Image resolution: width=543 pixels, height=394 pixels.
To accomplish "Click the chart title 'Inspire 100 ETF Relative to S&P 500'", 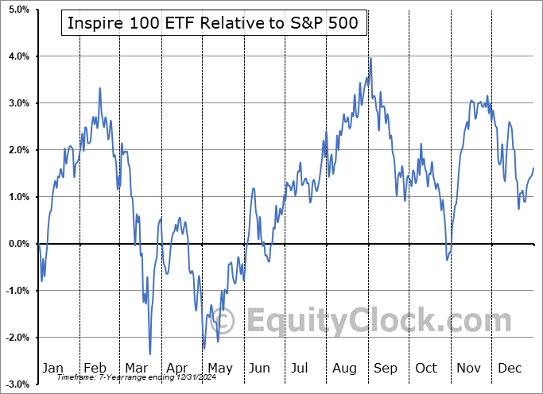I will click(214, 24).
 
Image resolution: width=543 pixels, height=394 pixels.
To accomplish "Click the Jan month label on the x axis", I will click(52, 368).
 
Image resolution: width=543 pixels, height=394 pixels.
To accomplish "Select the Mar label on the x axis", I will click(135, 368).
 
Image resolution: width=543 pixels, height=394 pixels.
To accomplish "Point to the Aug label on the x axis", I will click(346, 368).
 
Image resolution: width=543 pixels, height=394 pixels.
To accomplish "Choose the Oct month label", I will click(427, 368).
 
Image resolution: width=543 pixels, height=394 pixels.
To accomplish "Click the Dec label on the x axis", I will click(510, 368).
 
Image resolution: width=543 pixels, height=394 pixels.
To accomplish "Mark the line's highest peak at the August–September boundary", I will click(370, 58).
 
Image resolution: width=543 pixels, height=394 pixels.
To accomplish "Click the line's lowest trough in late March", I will click(150, 354).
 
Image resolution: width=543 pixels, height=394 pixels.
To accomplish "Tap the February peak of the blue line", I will click(100, 88).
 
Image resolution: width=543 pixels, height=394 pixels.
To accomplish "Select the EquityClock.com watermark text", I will click(378, 322).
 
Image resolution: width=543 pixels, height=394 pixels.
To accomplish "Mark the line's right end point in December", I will click(533, 168).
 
